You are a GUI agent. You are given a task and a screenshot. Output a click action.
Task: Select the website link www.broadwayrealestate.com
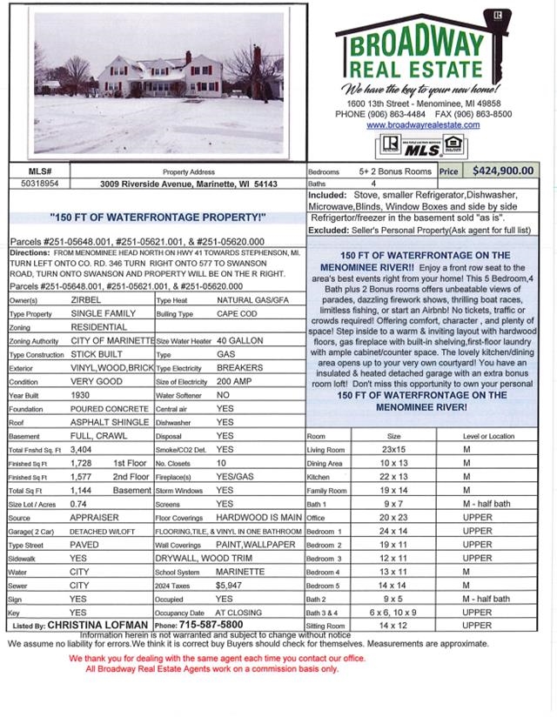click(423, 125)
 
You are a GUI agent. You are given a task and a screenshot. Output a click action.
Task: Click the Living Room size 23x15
click(393, 450)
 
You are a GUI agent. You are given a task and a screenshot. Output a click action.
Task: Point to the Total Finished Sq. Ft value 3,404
click(81, 449)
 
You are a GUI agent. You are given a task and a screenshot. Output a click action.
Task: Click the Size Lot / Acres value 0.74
click(78, 504)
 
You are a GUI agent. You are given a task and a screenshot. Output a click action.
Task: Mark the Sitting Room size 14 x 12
click(393, 625)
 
